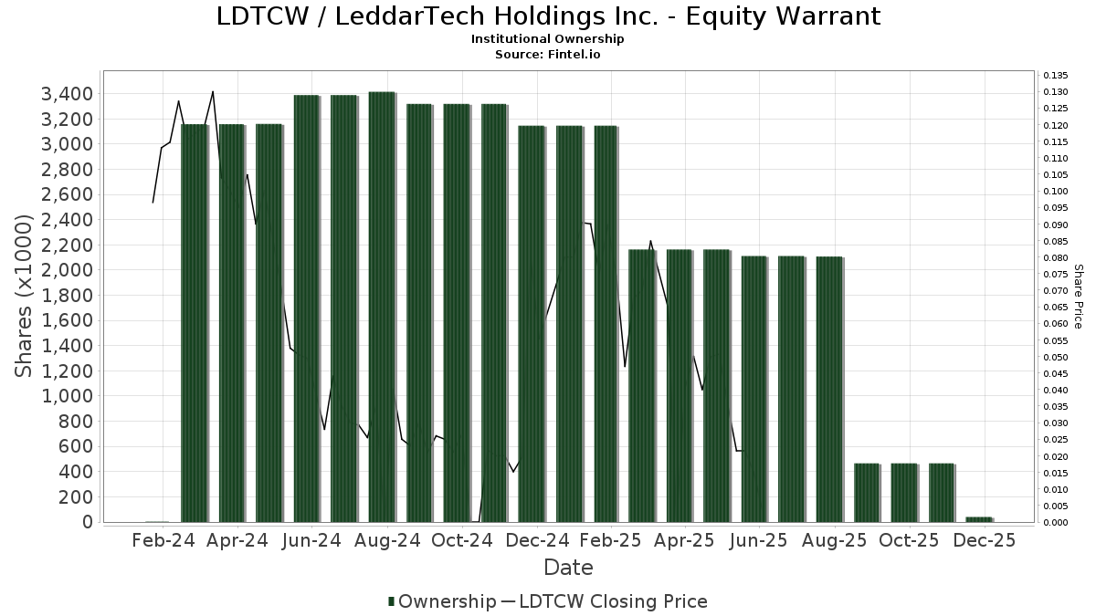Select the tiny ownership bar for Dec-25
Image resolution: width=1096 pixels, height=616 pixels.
[x=978, y=519]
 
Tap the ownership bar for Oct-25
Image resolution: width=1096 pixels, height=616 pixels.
[x=903, y=493]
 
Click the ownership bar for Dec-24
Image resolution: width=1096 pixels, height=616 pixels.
[x=531, y=324]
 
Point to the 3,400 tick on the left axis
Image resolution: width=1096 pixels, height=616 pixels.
[x=68, y=94]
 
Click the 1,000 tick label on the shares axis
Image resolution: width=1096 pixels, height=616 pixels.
[x=68, y=396]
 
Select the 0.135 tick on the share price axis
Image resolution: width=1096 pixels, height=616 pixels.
[x=1055, y=76]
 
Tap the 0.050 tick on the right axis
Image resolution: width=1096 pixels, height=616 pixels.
[x=1055, y=357]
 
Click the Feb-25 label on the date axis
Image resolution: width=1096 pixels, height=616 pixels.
[x=612, y=540]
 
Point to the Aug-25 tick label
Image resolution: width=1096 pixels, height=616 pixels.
[x=836, y=540]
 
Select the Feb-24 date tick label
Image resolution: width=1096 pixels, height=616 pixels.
[x=163, y=540]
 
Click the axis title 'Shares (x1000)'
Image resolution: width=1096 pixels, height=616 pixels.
[x=26, y=296]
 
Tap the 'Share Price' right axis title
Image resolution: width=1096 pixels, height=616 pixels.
[x=1078, y=296]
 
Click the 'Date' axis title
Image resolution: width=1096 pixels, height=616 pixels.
[x=568, y=568]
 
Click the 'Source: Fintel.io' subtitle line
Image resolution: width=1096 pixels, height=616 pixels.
[x=548, y=55]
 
